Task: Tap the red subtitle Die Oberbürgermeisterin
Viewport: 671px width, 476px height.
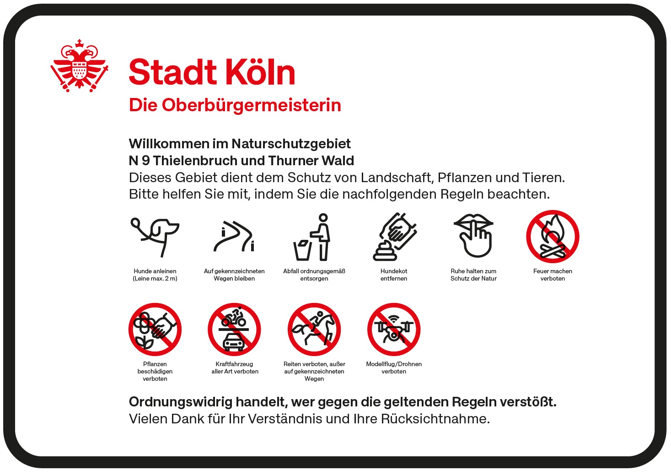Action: tap(235, 105)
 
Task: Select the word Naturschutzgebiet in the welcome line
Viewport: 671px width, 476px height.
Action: tap(291, 144)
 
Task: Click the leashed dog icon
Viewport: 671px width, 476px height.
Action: tap(155, 237)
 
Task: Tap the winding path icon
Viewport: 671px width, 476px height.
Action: tap(234, 237)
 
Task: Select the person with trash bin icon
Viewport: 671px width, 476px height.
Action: tap(312, 237)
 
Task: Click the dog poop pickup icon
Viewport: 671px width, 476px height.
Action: tap(395, 237)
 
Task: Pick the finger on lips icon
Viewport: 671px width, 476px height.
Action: tap(473, 236)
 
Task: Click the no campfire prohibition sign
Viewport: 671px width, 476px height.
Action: tap(553, 237)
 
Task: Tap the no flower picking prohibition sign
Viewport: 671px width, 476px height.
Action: tap(155, 330)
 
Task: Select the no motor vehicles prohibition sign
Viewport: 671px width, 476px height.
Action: tap(234, 330)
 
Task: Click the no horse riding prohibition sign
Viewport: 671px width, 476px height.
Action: tap(314, 330)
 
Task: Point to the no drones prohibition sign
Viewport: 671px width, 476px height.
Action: tap(394, 330)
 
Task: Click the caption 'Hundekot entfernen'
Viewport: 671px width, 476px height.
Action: tap(394, 275)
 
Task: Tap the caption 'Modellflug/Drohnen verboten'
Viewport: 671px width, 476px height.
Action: tap(394, 368)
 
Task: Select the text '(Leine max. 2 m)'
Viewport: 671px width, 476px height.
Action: tap(155, 279)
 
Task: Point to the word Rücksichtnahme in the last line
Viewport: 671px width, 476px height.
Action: tap(435, 419)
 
